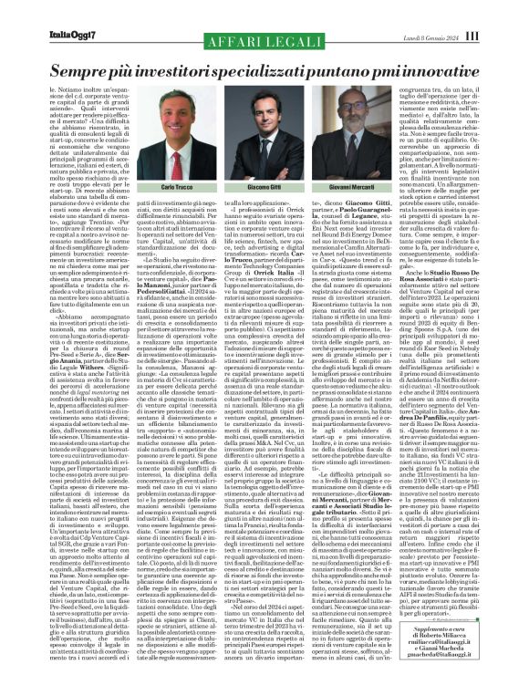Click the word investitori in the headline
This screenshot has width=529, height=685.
189,68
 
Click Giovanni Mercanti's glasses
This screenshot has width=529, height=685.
373,119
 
